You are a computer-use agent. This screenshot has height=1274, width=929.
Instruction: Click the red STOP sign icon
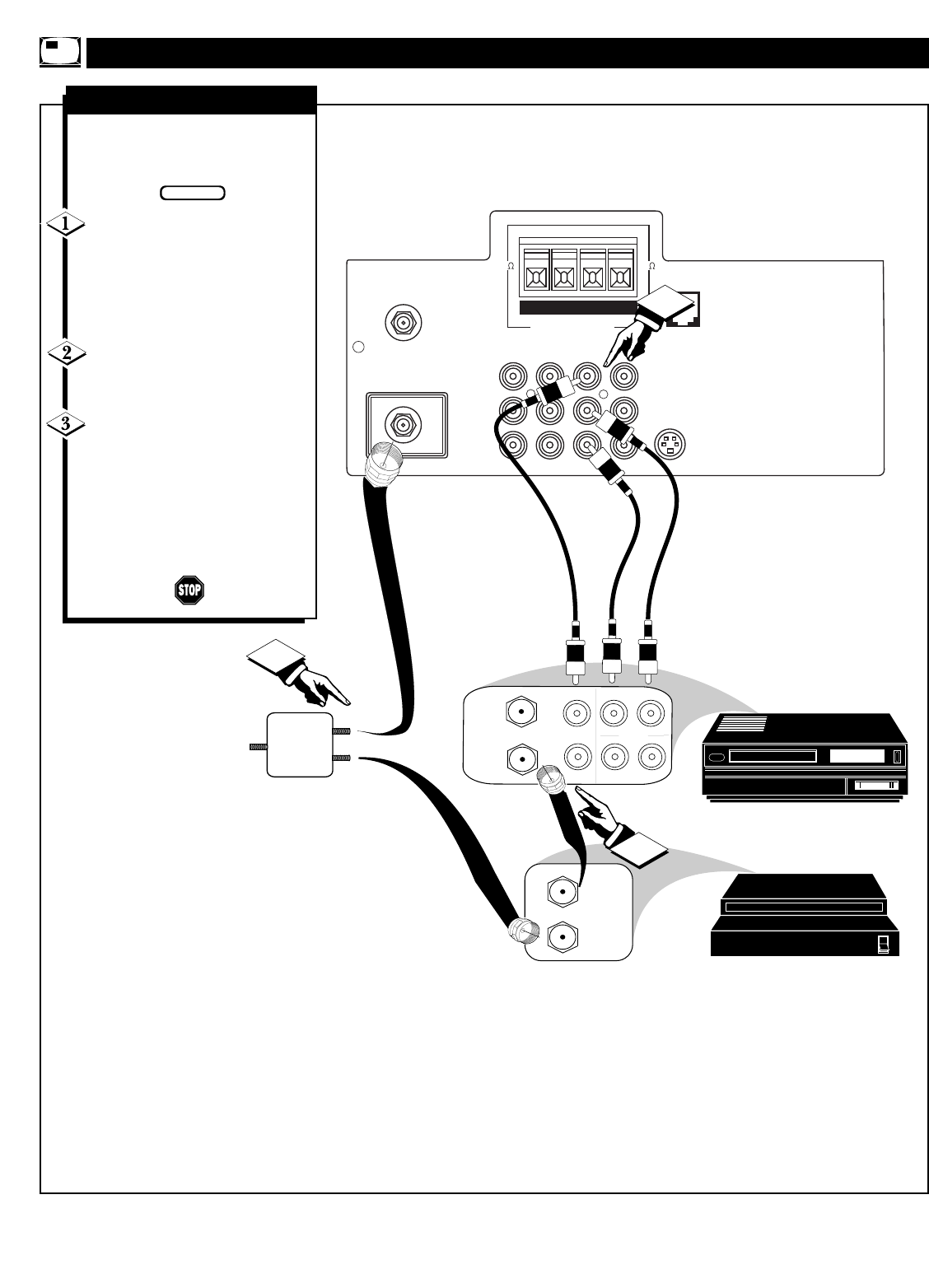pos(189,590)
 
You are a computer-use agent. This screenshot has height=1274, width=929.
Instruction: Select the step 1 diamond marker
pos(66,224)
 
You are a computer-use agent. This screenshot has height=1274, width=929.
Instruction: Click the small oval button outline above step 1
pos(193,193)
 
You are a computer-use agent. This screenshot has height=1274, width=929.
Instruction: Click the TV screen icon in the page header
pos(59,52)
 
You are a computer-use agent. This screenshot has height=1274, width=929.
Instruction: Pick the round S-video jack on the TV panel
pos(670,444)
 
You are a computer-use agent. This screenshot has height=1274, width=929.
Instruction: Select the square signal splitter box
pos(300,744)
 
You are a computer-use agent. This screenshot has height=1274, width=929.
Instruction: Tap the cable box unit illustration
pos(805,915)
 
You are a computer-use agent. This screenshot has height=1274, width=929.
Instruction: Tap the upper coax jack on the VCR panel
pos(521,712)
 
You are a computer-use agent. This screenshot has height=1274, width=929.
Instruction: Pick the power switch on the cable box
pos(883,944)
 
